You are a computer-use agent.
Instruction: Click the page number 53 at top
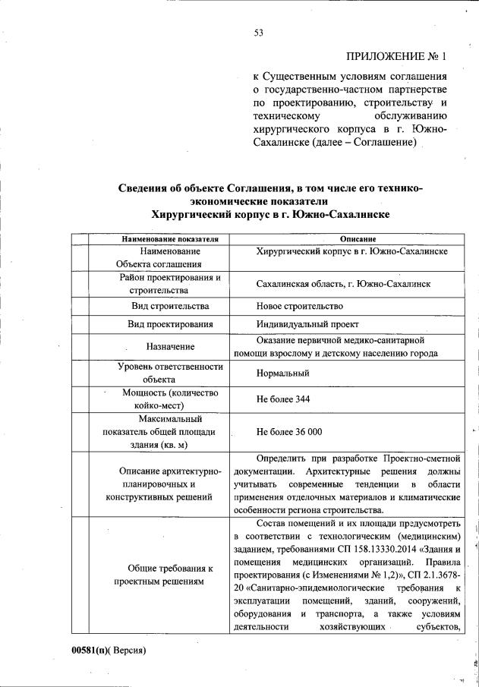(x=258, y=31)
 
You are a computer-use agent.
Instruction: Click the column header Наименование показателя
(x=165, y=239)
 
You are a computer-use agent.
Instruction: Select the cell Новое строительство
(x=300, y=306)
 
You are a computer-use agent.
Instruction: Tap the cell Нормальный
(x=283, y=373)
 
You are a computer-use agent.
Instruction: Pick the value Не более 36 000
(x=289, y=431)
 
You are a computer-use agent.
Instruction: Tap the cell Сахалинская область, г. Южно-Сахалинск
(x=344, y=283)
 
